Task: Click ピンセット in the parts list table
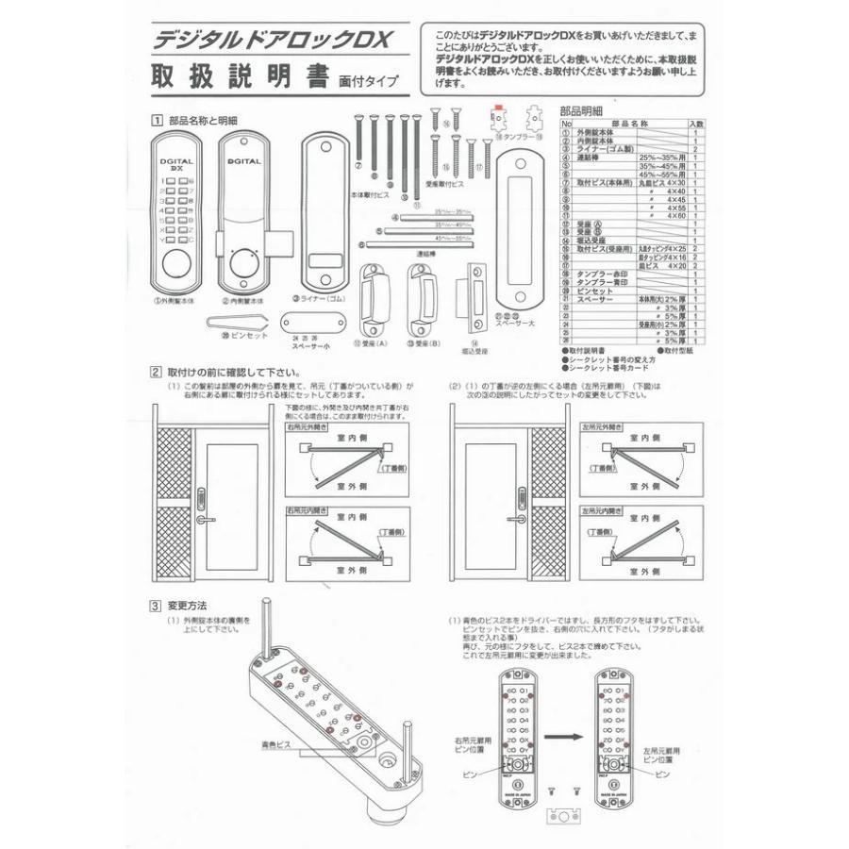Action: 593,291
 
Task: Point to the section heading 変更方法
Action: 187,606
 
